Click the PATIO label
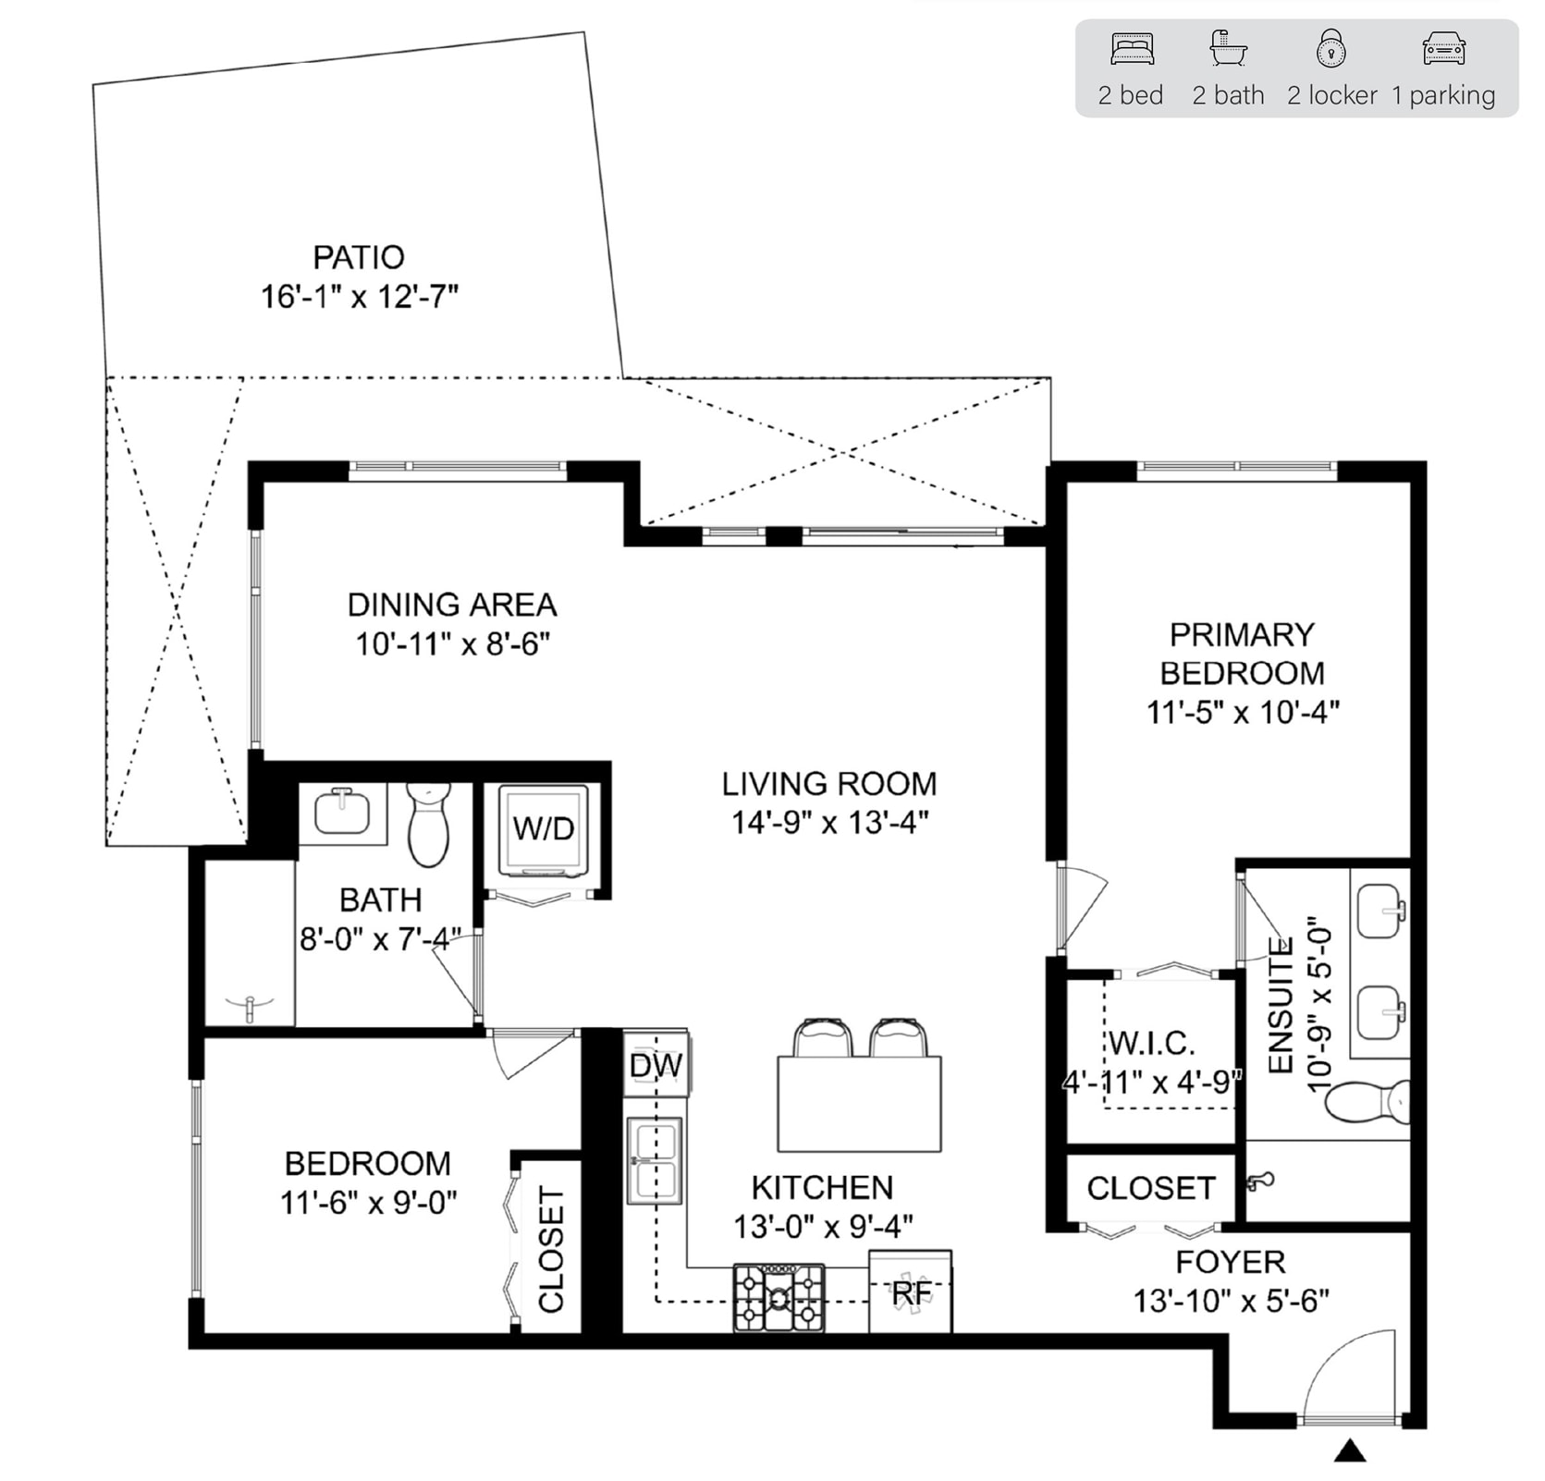pos(359,256)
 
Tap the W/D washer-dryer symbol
pos(544,829)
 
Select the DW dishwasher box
pos(656,1064)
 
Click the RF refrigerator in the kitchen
pos(911,1291)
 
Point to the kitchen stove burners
pos(779,1298)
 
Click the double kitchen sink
pos(655,1160)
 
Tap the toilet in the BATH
pos(428,824)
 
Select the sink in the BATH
pos(342,813)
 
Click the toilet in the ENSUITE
pos(1369,1101)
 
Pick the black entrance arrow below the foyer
pos(1350,1450)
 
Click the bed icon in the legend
pos(1132,49)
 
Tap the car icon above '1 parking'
pos(1443,49)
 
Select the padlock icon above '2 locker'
pos(1330,49)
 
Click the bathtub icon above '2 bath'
pos(1228,49)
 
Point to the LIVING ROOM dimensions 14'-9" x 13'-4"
pos(829,822)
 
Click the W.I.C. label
pos(1151,1043)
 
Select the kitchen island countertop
pos(859,1104)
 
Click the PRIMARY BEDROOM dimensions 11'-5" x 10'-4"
pos(1243,712)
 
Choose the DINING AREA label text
pos(452,605)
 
